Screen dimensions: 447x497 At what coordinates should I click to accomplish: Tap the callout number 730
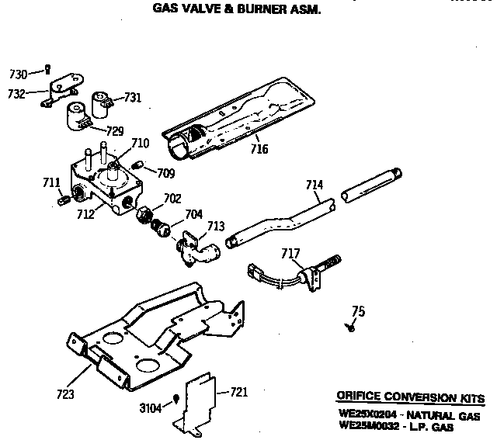coord(18,74)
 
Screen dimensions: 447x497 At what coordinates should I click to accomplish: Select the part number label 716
coord(259,148)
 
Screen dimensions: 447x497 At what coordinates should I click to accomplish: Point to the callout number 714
coord(315,185)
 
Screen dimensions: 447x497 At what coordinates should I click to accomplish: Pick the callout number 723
coord(65,394)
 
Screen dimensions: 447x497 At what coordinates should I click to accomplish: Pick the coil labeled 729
coord(78,117)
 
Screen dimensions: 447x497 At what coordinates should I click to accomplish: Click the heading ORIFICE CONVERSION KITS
coord(410,398)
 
